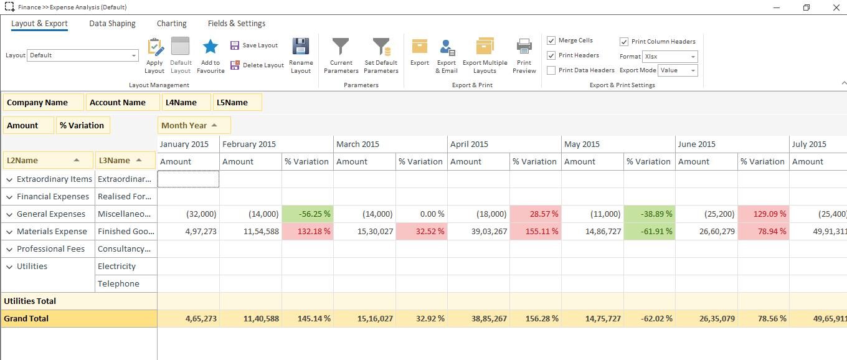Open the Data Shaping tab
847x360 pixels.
[x=112, y=24]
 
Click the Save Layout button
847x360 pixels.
[x=254, y=45]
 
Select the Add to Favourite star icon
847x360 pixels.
[x=211, y=47]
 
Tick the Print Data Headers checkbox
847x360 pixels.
[x=551, y=70]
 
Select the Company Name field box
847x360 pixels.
[x=44, y=103]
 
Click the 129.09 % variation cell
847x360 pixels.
[x=763, y=214]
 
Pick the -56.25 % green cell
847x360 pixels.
[x=307, y=214]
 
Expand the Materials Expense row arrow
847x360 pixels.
[x=9, y=232]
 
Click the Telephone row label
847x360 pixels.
[x=118, y=283]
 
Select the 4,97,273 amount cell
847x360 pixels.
[x=188, y=231]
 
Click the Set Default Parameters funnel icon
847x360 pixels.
[x=381, y=48]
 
